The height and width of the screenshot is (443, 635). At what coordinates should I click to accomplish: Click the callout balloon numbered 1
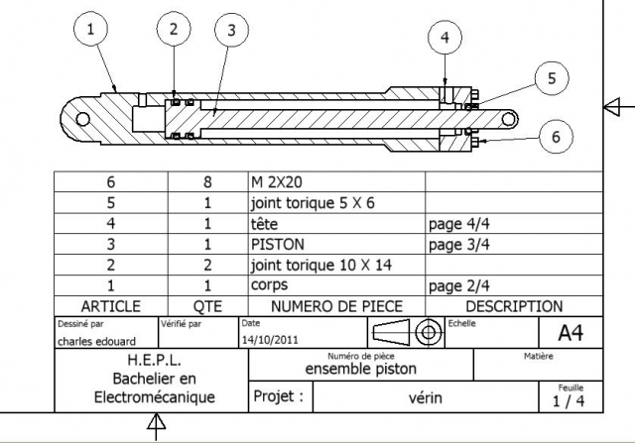click(92, 31)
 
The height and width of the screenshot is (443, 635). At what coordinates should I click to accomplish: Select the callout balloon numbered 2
click(174, 29)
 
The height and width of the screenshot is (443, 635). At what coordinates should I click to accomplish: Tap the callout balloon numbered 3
click(231, 31)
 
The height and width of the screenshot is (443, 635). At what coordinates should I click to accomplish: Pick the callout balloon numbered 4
click(444, 37)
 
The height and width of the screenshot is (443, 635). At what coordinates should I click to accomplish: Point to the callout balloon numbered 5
click(552, 77)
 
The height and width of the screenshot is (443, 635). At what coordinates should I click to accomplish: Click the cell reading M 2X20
click(274, 182)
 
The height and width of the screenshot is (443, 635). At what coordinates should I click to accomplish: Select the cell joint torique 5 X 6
click(302, 203)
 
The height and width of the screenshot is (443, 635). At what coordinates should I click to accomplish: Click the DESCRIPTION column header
click(513, 306)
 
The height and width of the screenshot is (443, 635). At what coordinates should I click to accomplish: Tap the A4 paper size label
click(569, 333)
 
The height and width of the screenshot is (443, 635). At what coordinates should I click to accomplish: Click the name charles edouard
click(88, 340)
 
